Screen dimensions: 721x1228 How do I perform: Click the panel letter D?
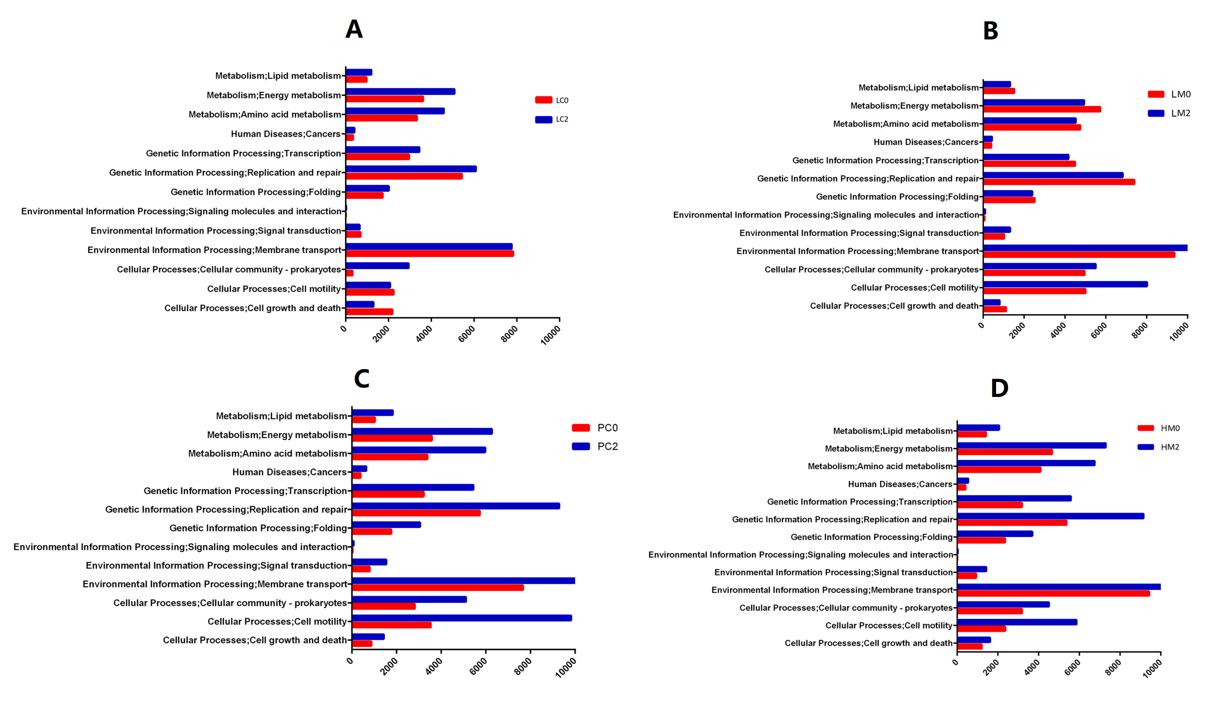[x=999, y=388]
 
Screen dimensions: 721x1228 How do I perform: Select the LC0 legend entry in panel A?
[x=552, y=100]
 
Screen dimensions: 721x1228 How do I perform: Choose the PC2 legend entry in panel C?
[x=595, y=447]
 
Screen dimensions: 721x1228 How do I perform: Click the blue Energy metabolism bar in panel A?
[x=400, y=92]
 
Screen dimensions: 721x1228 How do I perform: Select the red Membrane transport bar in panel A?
[x=430, y=254]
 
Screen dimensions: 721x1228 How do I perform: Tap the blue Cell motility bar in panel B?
[x=1065, y=285]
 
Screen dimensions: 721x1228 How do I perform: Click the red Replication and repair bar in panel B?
[x=1059, y=182]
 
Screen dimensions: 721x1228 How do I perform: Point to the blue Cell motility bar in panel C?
[x=462, y=618]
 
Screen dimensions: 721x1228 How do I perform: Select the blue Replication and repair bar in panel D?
[x=1050, y=517]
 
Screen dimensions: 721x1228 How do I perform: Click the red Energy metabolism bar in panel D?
[x=1005, y=452]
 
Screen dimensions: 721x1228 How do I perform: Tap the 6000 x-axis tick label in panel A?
[x=467, y=334]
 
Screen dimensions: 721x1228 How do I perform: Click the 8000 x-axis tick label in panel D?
[x=1113, y=667]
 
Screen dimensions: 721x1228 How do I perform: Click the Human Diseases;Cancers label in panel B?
[x=926, y=142]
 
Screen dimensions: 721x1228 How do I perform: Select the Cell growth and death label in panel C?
[x=255, y=640]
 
